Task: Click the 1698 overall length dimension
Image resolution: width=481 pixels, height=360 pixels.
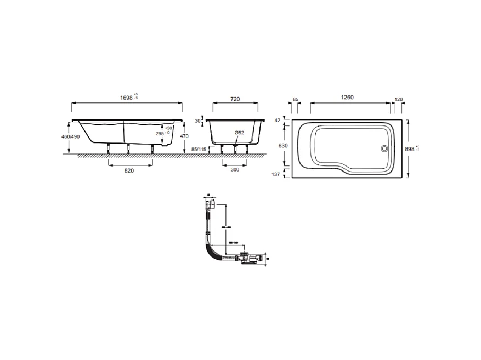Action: pos(127,98)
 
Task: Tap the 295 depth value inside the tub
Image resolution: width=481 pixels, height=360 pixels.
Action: pos(160,133)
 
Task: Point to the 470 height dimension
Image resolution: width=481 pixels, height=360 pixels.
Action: pos(184,136)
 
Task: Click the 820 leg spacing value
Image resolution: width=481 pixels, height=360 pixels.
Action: pos(129,170)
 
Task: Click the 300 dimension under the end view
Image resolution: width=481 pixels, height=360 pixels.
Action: pos(235,170)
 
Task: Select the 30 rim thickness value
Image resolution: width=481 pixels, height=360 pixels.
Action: pos(197,122)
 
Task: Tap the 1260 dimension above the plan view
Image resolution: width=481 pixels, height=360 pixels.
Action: pos(347,98)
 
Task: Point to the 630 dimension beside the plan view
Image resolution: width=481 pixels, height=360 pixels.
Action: pos(283,146)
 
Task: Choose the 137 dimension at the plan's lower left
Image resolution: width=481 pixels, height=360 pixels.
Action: pos(276,174)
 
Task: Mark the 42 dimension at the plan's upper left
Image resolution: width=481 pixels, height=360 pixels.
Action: pos(277,120)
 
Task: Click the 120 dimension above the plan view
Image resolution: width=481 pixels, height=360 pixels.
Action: pos(399,99)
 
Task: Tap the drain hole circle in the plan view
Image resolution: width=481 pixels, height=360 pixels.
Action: pos(384,148)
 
